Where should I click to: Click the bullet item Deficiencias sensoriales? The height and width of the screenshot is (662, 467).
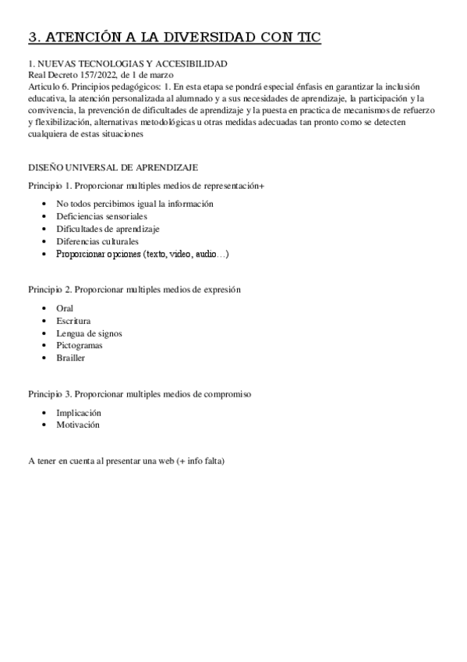101,216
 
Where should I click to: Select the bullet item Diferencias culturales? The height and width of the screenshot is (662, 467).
97,241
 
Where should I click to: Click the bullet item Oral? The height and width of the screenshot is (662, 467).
65,308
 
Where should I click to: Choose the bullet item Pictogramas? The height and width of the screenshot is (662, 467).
80,345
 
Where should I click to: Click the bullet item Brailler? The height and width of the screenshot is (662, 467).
70,358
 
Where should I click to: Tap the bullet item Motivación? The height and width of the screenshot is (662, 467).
78,425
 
